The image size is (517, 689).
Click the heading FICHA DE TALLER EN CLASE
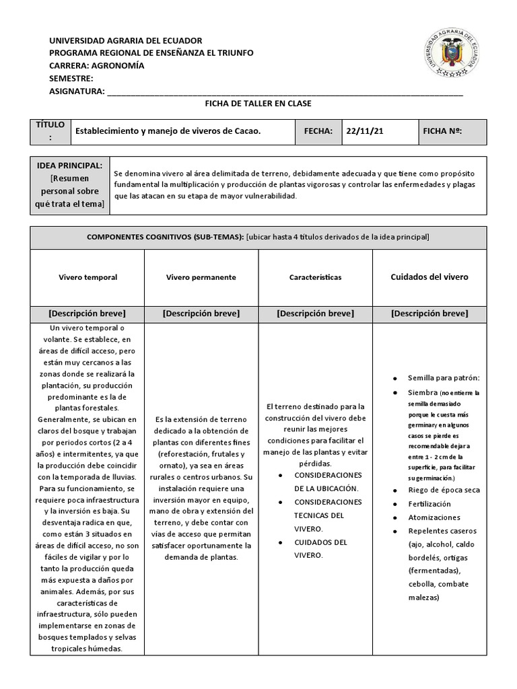(258, 104)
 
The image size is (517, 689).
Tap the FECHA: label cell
(318, 132)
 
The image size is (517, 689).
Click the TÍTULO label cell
(50, 132)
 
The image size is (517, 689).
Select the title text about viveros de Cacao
(168, 132)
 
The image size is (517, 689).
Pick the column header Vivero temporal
(88, 277)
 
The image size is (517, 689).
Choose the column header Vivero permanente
(201, 277)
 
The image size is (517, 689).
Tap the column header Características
(315, 277)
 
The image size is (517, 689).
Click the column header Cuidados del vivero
(429, 277)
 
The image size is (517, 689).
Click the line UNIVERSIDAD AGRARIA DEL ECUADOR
(126, 40)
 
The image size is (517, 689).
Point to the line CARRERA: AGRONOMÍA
(97, 66)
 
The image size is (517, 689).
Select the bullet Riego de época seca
(444, 490)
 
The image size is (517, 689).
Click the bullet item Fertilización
(429, 504)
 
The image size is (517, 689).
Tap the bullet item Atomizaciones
(434, 517)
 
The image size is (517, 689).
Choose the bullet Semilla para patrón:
(444, 378)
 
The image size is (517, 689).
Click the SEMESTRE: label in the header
(71, 79)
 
